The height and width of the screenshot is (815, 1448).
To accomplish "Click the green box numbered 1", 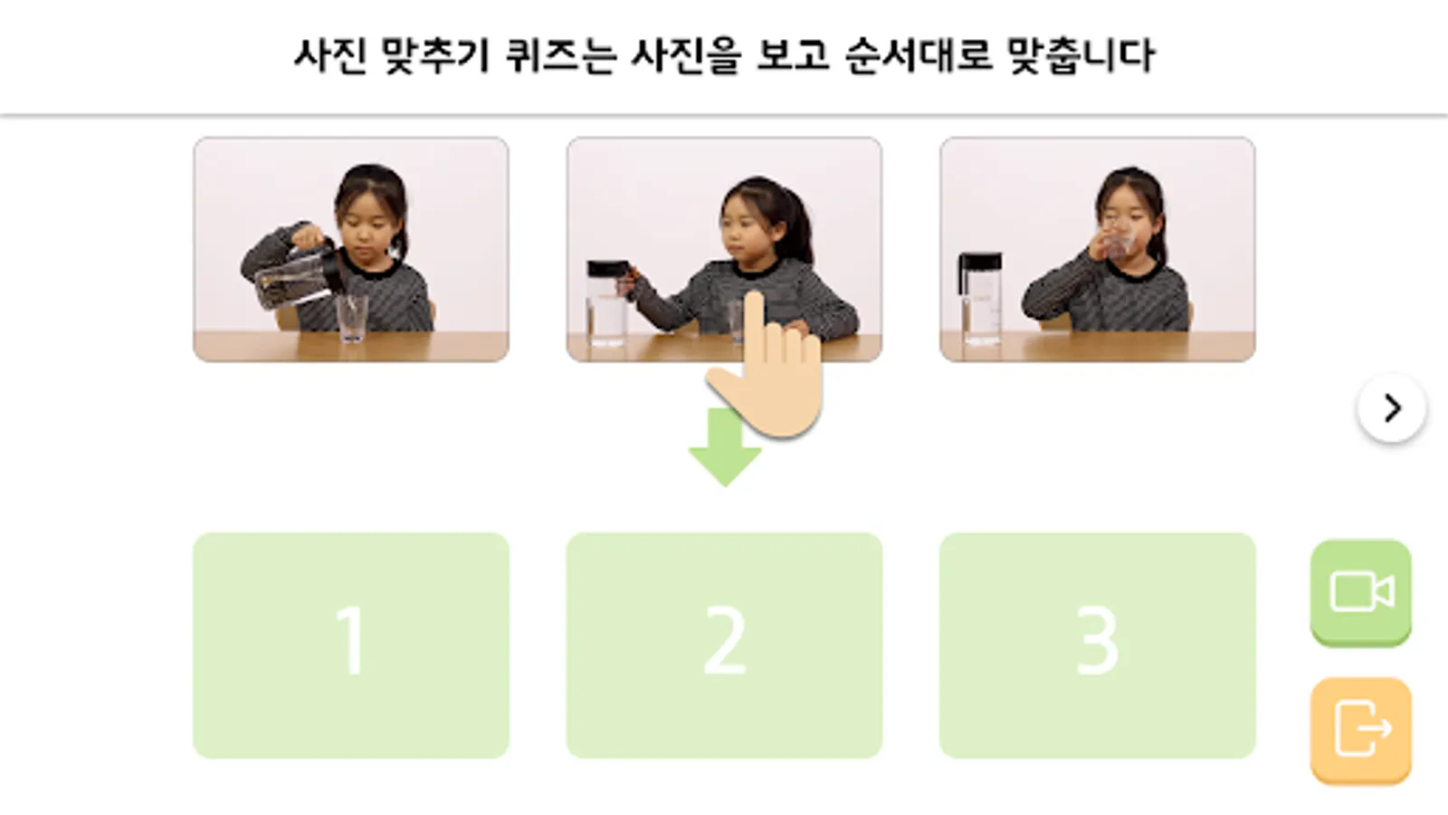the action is pos(351,645).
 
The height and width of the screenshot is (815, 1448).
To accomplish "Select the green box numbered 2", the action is pos(724,645).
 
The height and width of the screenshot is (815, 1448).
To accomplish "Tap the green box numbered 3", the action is pos(1098,645).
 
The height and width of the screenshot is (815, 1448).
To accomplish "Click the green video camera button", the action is pos(1361,592).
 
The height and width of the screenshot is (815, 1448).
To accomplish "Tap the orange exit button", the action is pos(1361,730).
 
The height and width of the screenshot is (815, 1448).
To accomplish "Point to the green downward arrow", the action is pos(724,447).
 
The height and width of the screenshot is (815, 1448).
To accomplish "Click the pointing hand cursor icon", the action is pos(766,366).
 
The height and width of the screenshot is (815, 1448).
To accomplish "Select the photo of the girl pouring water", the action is pos(351,249).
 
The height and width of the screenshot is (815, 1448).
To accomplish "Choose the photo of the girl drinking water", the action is pos(1098,249).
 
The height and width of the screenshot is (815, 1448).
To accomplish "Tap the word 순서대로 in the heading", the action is pos(918,55).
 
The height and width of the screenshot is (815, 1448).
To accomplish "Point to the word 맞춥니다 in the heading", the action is pos(1081,55).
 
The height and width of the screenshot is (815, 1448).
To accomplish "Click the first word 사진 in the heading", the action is pos(330,55).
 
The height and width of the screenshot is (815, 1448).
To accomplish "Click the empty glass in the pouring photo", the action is pos(352,318).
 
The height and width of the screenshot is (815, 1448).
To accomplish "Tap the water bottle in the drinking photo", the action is pos(980,298).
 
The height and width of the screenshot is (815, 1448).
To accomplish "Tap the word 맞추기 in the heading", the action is pos(436,55).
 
